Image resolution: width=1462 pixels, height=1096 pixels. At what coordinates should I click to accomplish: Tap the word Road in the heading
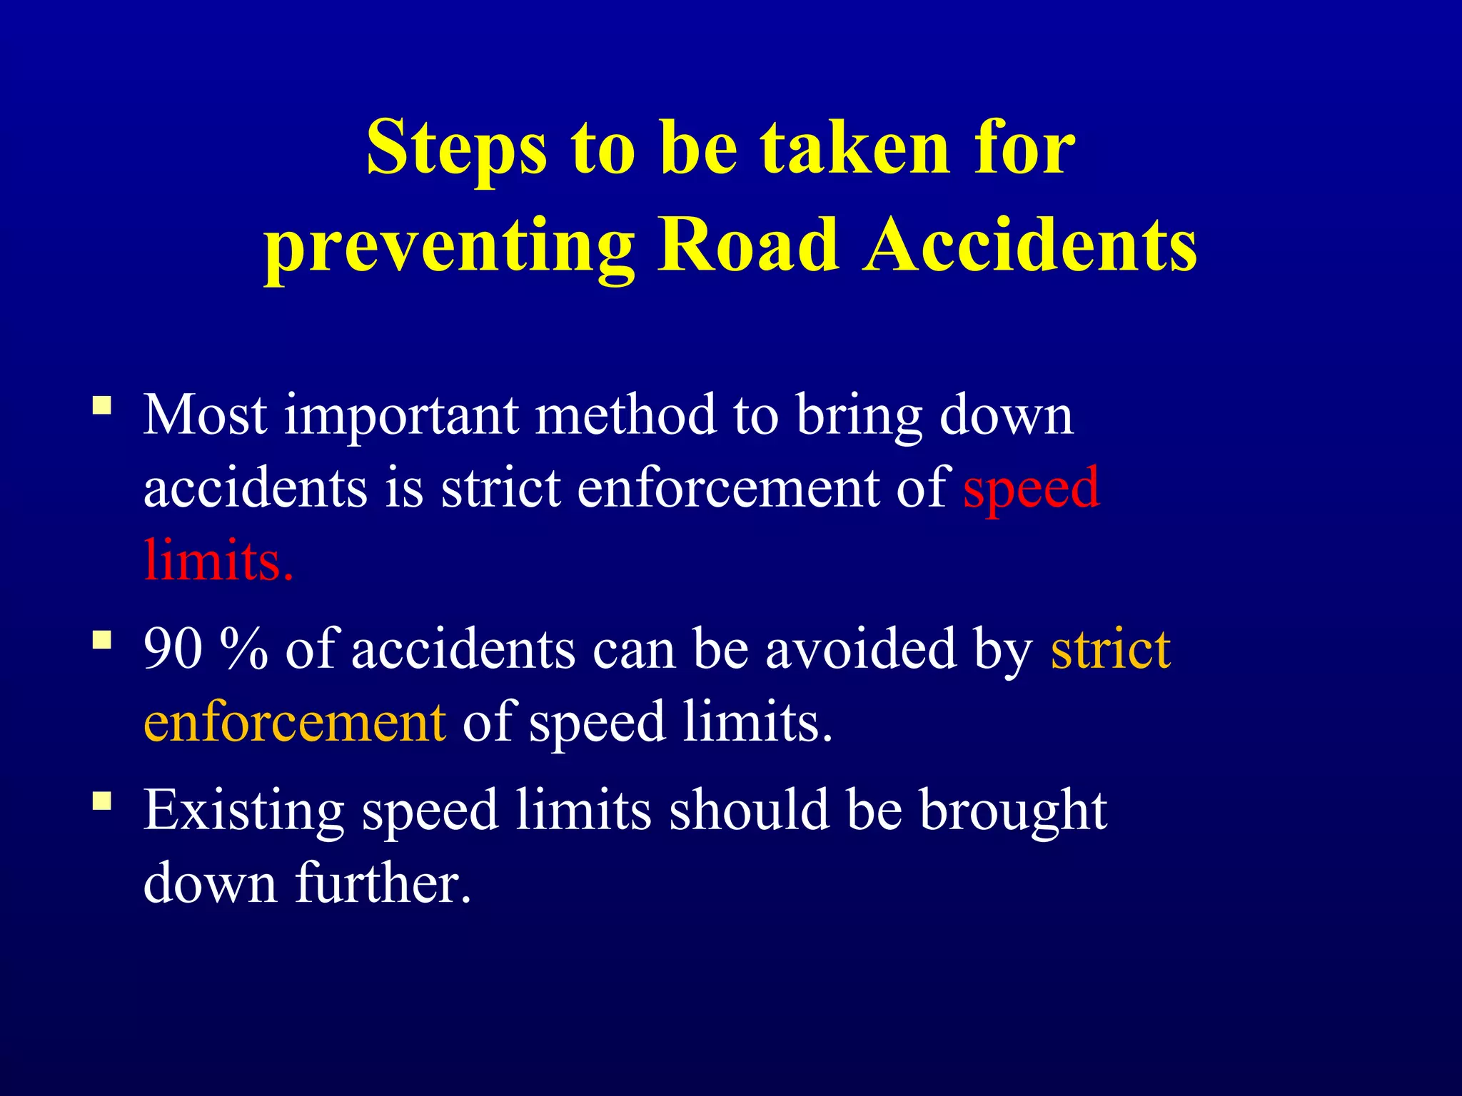click(747, 246)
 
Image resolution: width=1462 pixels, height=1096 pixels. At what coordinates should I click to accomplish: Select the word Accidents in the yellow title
click(1029, 246)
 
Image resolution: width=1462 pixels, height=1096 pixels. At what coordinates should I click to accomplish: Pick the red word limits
click(218, 560)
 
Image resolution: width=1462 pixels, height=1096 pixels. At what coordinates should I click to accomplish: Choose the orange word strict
click(1110, 649)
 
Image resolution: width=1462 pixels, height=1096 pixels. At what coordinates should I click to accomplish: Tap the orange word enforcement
click(296, 722)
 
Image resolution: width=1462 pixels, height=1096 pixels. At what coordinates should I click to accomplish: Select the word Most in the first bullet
click(206, 415)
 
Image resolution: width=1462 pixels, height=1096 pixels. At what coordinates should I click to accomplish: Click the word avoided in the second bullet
click(860, 649)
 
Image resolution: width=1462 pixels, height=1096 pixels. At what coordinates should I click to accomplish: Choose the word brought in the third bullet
click(1013, 812)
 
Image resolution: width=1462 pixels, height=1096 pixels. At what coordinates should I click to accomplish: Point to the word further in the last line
click(383, 883)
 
